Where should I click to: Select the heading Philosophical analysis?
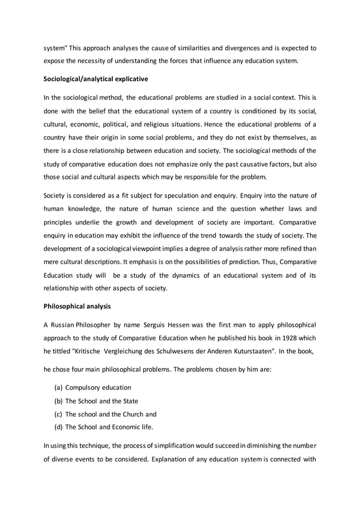point(77,307)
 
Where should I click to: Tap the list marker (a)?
point(58,388)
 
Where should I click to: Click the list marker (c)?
point(58,414)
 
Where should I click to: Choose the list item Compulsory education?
point(98,388)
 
